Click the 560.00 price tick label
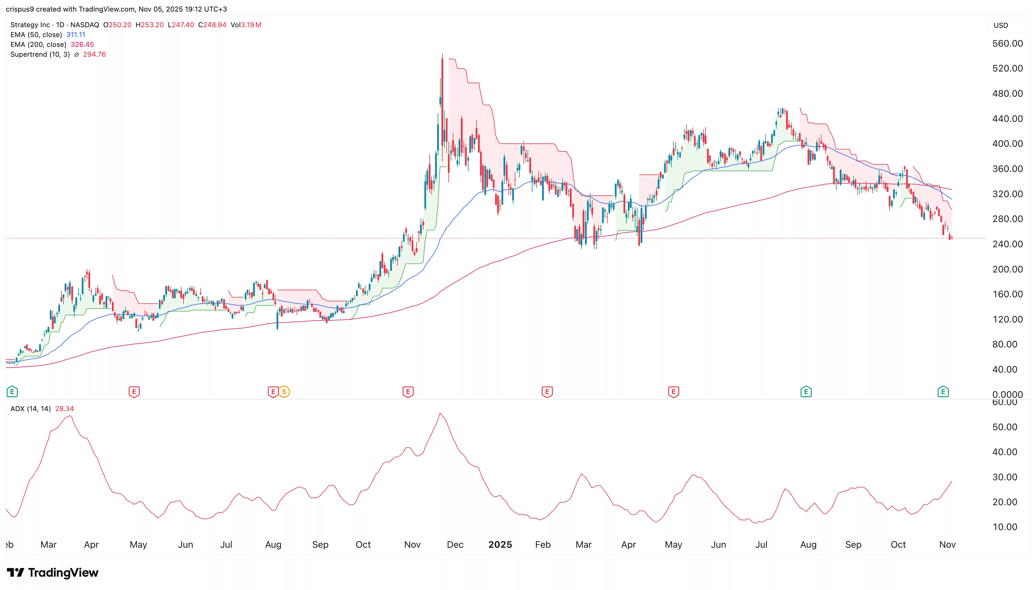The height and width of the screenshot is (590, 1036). point(1007,43)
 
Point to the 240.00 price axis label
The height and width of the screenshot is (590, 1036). point(1007,244)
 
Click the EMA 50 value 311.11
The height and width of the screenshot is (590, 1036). point(76,35)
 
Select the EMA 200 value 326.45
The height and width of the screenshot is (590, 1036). point(82,45)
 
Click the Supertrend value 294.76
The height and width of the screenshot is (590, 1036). point(94,54)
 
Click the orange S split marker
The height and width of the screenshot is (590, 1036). point(284,391)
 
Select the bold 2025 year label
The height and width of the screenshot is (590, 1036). point(500,545)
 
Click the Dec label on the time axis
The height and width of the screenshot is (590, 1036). point(455,545)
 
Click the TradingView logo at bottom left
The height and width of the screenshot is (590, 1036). point(53,573)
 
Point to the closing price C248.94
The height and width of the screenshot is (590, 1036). point(212,25)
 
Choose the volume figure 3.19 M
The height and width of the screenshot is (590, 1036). point(251,25)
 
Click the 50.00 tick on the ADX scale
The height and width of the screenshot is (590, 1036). point(1004,427)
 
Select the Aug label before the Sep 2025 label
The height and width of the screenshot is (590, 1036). point(808,545)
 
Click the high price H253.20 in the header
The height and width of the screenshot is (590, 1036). point(149,25)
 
